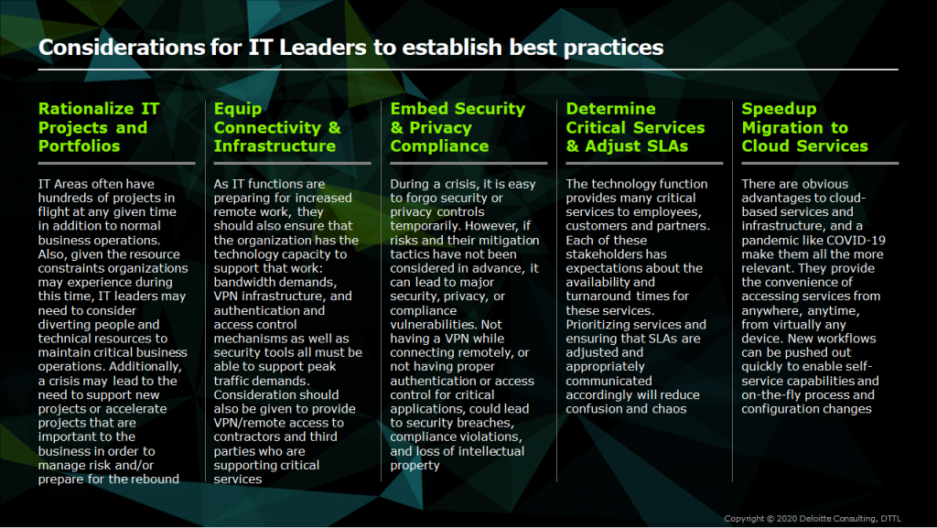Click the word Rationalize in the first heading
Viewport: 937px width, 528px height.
(86, 109)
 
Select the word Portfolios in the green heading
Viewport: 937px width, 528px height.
(79, 145)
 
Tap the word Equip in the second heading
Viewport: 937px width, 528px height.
(238, 109)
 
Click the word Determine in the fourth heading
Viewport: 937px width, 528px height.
(610, 109)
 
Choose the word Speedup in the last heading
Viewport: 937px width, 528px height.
(779, 109)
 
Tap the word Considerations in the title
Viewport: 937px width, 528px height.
(122, 48)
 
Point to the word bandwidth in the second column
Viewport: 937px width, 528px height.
(242, 282)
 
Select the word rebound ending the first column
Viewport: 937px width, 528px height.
(156, 479)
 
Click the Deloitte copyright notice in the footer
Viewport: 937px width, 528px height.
(813, 519)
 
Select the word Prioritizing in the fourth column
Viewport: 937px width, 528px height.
(598, 324)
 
